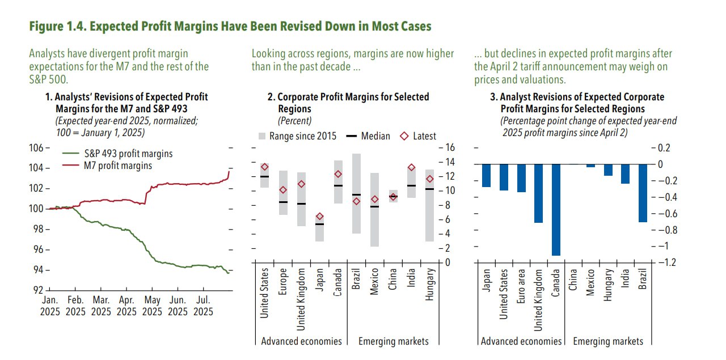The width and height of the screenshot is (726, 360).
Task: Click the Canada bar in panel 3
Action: pyautogui.click(x=556, y=210)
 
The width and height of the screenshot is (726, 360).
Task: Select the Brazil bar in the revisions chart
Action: pyautogui.click(x=642, y=193)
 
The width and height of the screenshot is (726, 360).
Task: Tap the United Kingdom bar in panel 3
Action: pyautogui.click(x=538, y=193)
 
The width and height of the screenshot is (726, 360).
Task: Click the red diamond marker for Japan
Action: pyautogui.click(x=320, y=217)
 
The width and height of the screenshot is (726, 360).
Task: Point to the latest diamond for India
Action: pyautogui.click(x=412, y=168)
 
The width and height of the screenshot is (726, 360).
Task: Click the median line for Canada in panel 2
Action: pyautogui.click(x=338, y=185)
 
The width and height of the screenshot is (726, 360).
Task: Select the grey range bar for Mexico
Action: pyautogui.click(x=375, y=210)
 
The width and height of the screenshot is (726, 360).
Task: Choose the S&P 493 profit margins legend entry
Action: pyautogui.click(x=128, y=154)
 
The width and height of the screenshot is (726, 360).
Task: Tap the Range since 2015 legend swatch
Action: pyautogui.click(x=261, y=136)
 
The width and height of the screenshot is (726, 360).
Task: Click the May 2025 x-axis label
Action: pyautogui.click(x=152, y=306)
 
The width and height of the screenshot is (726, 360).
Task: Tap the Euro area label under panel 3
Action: pyautogui.click(x=521, y=288)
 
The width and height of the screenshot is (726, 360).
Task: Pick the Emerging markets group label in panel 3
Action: pyautogui.click(x=608, y=341)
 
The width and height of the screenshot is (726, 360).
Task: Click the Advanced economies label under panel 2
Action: pyautogui.click(x=301, y=341)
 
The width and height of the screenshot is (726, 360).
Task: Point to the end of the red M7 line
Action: pyautogui.click(x=229, y=171)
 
